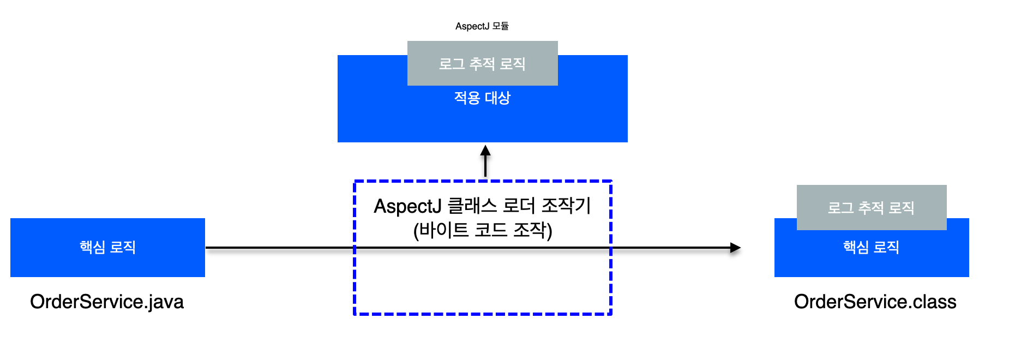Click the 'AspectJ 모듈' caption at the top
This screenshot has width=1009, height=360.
tap(482, 26)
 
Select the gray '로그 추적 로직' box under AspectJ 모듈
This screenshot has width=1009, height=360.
tap(482, 63)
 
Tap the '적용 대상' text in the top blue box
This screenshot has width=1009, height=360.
tap(482, 98)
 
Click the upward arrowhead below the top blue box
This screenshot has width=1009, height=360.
tap(485, 151)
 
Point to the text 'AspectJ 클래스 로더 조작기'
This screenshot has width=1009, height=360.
tap(482, 206)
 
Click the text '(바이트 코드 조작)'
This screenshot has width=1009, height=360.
tap(483, 230)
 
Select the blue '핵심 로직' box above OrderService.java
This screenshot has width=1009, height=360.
tap(107, 247)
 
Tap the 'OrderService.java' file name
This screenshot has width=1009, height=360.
tap(107, 302)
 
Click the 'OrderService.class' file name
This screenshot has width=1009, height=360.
tap(875, 302)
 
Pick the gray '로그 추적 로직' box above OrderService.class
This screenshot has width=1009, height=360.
tap(871, 207)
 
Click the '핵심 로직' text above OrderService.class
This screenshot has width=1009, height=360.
tap(871, 248)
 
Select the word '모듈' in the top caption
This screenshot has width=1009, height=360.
tap(500, 26)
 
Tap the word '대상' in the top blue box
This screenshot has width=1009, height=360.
tap(497, 98)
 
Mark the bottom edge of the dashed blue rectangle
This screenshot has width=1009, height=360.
tap(483, 314)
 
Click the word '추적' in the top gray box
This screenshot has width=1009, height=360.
tap(482, 64)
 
